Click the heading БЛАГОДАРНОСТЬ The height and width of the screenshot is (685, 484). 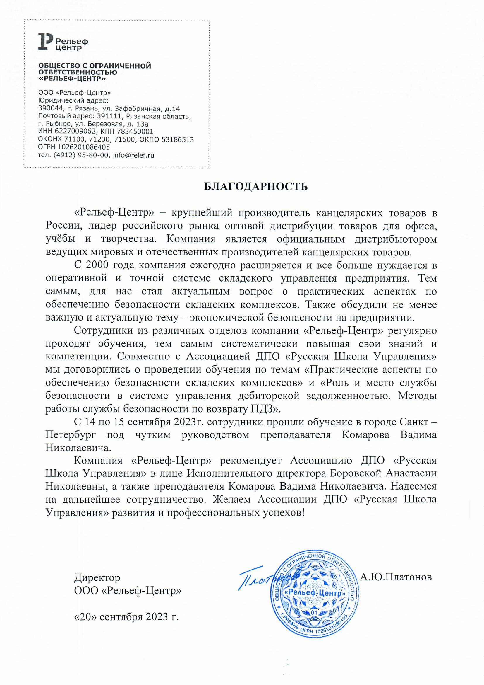tap(255, 186)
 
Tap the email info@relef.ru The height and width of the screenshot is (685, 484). tap(133, 155)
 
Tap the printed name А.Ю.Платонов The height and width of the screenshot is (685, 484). tap(396, 577)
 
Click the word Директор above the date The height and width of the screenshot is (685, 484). tap(97, 577)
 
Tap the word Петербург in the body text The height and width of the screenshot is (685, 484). tap(71, 435)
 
